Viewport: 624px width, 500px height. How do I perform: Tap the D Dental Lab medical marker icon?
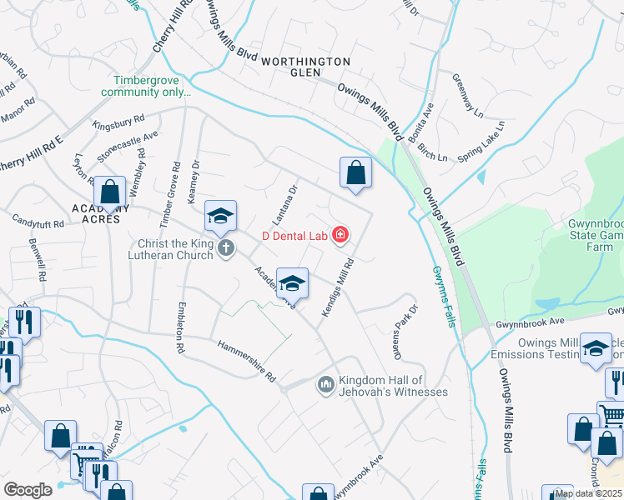point(340,236)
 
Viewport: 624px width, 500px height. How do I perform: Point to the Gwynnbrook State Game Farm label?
point(590,236)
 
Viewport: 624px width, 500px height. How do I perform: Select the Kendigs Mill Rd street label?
point(338,286)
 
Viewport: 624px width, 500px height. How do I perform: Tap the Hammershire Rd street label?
point(246,360)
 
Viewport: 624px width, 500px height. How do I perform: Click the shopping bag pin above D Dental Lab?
point(355,173)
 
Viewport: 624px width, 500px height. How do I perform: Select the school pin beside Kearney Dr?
point(220,216)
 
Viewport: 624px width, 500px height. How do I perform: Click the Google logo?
point(28,490)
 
